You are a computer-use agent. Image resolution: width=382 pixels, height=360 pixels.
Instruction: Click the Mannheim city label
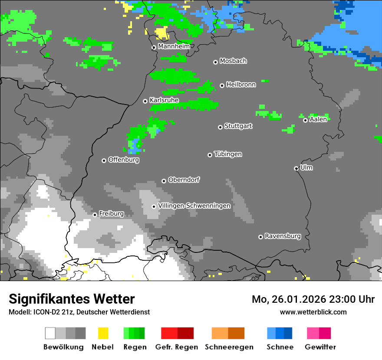point(174,46)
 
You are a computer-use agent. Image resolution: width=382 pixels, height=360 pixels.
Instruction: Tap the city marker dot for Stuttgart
point(220,127)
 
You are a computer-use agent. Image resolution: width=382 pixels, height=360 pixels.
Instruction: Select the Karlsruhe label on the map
point(164,100)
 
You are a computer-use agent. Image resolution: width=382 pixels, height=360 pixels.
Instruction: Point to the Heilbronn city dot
point(222,85)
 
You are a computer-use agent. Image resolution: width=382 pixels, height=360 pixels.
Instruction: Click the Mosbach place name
point(233,61)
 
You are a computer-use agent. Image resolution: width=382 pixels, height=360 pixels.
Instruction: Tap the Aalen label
point(318,119)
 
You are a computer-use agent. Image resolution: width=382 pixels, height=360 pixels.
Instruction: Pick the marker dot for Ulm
point(296,168)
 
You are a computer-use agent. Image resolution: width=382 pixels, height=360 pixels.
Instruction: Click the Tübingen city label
point(228,154)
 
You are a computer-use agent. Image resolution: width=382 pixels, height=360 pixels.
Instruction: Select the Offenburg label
point(123,160)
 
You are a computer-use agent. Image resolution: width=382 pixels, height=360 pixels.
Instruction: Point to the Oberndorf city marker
point(164,181)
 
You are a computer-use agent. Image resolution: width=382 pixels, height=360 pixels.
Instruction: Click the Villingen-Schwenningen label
point(194,206)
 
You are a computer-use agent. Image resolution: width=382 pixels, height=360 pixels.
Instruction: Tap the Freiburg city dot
point(95,215)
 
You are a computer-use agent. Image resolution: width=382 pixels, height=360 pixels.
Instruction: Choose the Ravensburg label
point(283,236)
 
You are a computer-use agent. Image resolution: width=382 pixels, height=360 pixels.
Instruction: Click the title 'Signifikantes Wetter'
point(72,299)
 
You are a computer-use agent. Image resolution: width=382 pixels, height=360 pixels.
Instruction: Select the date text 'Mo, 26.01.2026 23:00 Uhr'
point(313,299)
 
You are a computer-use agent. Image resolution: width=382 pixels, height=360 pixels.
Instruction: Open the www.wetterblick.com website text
point(313,312)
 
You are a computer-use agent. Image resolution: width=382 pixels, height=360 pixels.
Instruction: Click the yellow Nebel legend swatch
point(103,333)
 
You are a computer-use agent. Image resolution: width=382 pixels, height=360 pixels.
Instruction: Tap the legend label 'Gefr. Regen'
point(176,347)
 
